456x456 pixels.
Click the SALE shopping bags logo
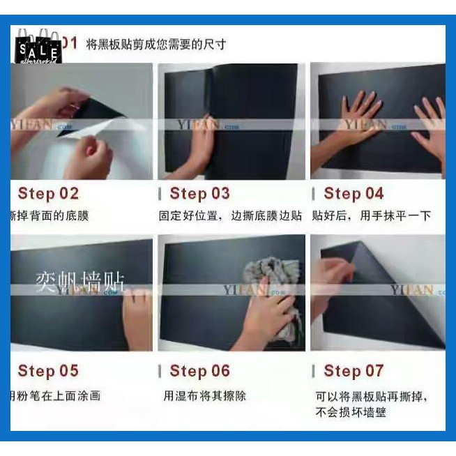(38, 47)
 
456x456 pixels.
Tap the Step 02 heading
(48, 194)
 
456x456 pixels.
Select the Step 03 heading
(199, 194)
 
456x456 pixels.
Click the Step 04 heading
(354, 194)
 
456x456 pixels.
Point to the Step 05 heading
(48, 371)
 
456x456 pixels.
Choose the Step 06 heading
(199, 371)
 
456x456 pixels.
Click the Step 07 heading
(354, 371)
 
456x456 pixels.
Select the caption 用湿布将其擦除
(204, 396)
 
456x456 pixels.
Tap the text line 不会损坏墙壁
(351, 412)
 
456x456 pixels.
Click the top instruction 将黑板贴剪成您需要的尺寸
(156, 45)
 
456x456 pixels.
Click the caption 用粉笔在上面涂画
(56, 396)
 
